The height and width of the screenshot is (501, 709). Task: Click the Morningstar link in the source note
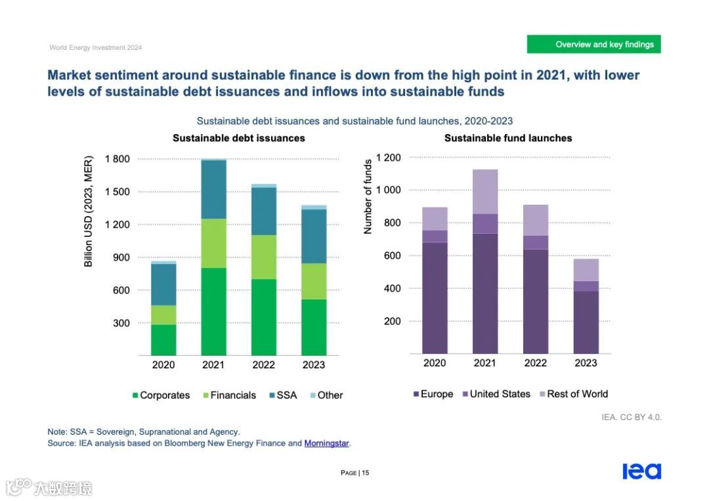click(327, 443)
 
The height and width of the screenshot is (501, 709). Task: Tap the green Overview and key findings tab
click(593, 45)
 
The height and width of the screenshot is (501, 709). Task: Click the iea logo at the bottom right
click(641, 471)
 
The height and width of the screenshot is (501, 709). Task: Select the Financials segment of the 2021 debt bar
click(213, 243)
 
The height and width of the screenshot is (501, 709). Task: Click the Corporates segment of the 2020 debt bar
click(163, 339)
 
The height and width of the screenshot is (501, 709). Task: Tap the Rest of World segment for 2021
click(485, 192)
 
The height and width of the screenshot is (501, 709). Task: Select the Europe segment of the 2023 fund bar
click(586, 322)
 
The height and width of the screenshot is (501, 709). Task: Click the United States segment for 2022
click(536, 242)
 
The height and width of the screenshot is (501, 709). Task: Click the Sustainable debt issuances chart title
click(238, 138)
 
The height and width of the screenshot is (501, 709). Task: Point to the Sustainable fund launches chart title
click(508, 138)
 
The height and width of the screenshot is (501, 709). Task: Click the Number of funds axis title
click(368, 197)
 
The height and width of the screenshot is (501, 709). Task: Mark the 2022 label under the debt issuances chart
click(263, 365)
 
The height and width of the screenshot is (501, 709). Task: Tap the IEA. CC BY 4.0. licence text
click(632, 418)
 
